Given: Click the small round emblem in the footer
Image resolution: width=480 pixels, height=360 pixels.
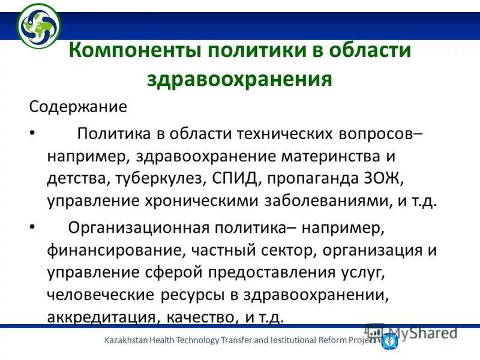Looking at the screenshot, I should coord(389,340).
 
